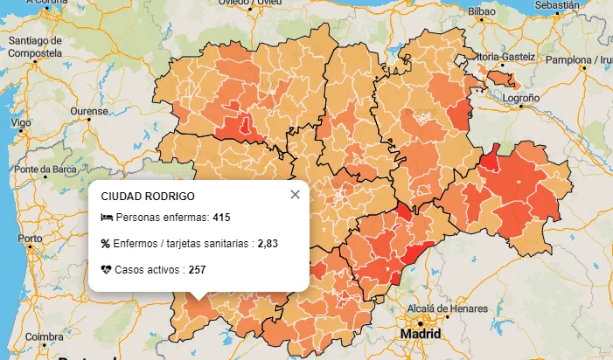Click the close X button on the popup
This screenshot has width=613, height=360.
coord(295,195)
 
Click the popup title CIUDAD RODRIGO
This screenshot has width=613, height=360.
coord(148,197)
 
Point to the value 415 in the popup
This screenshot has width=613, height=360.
coord(221,217)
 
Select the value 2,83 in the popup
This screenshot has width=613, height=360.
coord(268,244)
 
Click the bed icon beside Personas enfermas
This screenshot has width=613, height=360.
coord(106,217)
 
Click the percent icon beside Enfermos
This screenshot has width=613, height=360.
coord(106,244)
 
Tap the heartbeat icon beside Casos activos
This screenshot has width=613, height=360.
coord(106,270)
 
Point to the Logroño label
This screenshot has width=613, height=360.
coord(521,99)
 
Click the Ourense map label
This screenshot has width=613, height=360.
coord(88,112)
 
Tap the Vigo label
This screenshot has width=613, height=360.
coord(20,123)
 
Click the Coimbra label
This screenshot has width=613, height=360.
coord(44,336)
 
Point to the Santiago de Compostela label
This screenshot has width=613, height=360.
coord(35,46)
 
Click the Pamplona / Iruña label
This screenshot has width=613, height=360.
coord(580,60)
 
